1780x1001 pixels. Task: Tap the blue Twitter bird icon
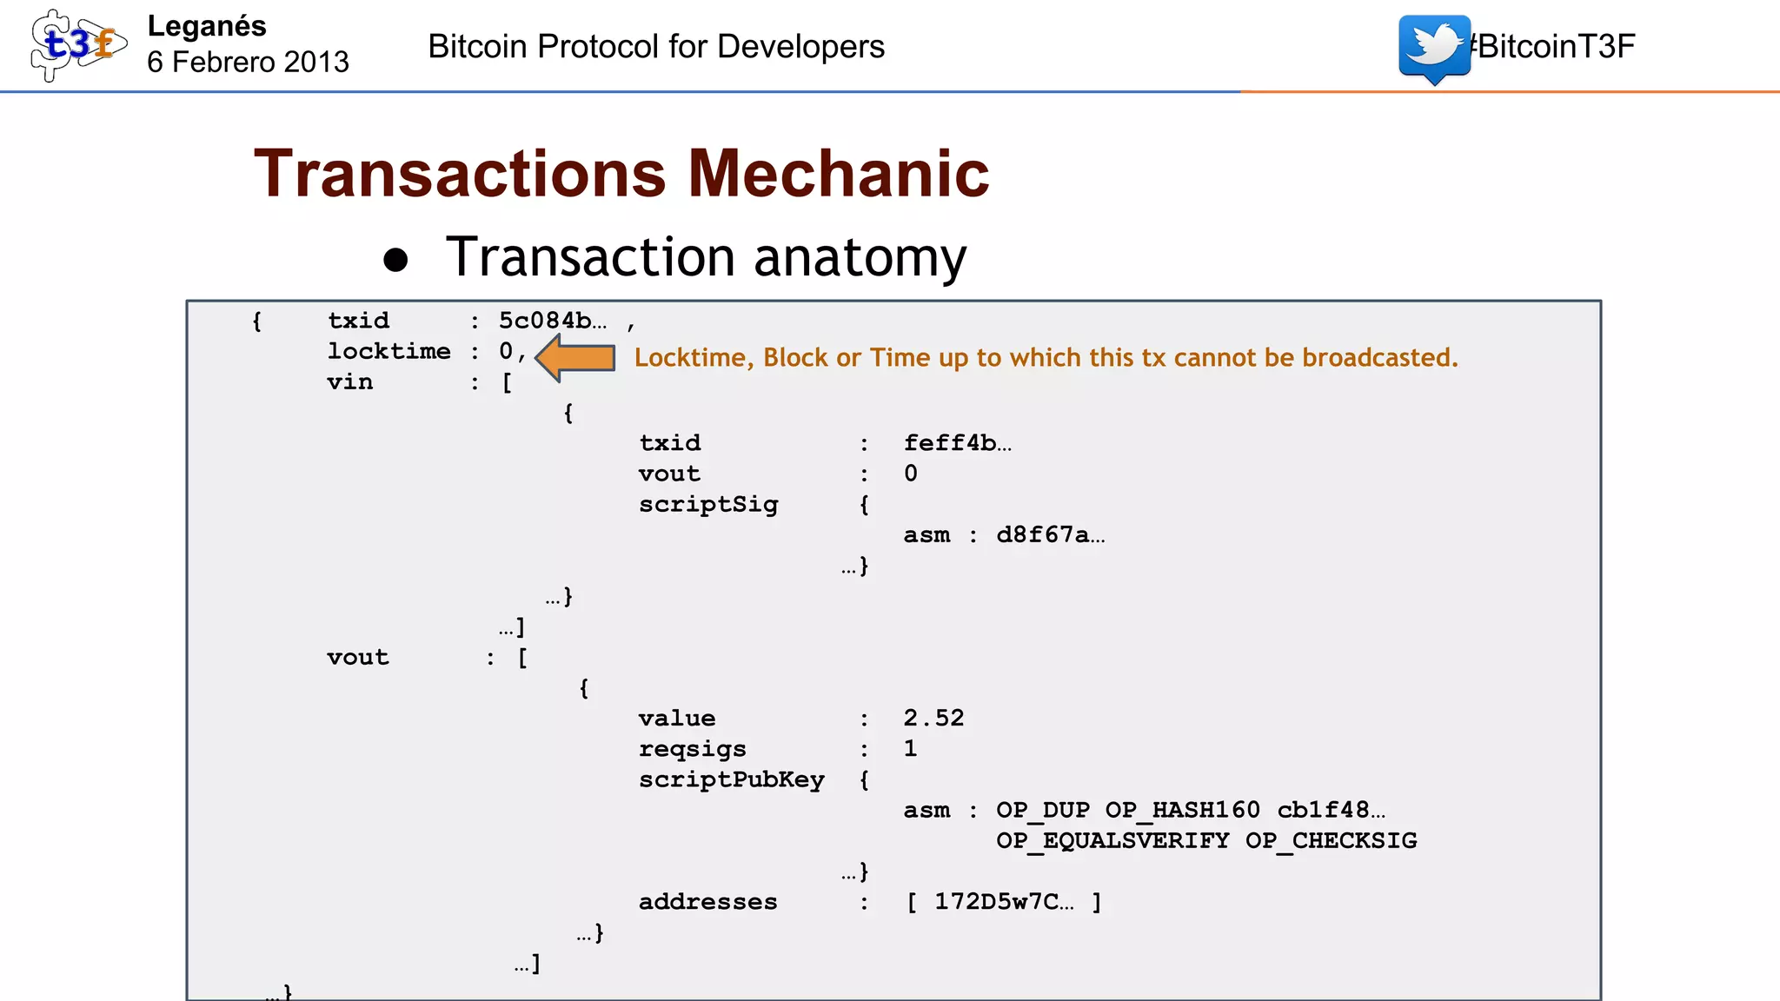[x=1434, y=47]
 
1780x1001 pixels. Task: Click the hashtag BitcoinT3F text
[x=1554, y=47]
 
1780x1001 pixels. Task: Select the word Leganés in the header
[x=207, y=26]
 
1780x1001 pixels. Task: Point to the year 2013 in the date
[x=316, y=63]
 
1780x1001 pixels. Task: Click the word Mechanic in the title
[x=839, y=174]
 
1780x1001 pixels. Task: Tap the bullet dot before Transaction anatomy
[x=395, y=261]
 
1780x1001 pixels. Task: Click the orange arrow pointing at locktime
[x=575, y=358]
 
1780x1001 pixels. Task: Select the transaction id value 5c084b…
[x=553, y=321]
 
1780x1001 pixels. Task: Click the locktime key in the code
[x=389, y=351]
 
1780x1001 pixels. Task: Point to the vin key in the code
[x=349, y=382]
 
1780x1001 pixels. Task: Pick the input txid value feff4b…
[x=957, y=443]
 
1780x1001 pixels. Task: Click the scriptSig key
[x=708, y=505]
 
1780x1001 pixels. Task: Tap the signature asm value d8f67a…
[x=1050, y=535]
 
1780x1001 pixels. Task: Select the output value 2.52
[x=933, y=719]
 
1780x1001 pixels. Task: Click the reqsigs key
[x=692, y=749]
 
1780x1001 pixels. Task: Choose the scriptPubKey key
[x=731, y=779]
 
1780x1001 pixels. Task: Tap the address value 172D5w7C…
[x=1004, y=902]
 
